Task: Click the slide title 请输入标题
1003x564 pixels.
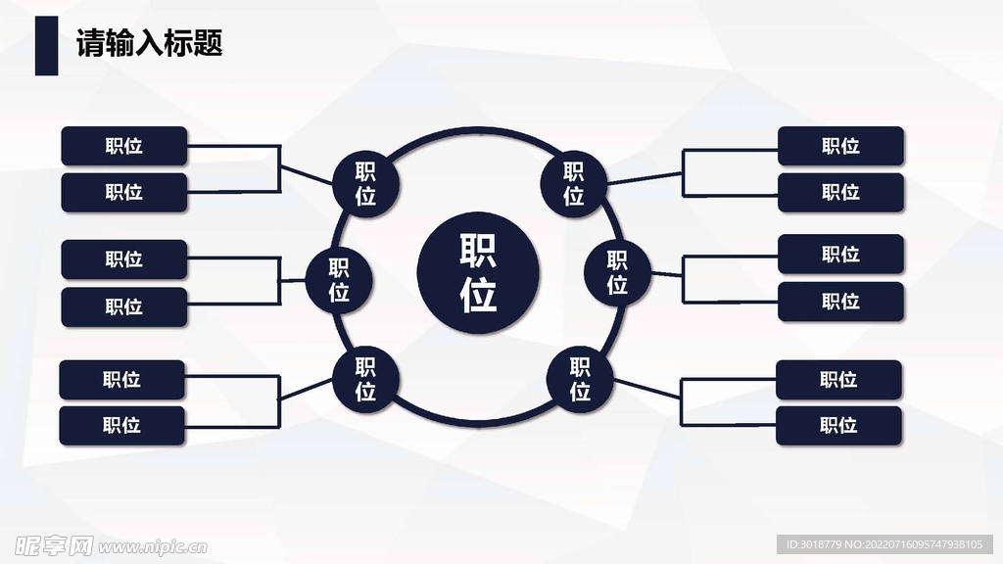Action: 150,44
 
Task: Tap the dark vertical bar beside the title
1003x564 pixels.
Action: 46,45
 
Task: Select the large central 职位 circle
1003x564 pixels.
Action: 478,272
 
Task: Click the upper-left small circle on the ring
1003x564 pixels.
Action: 365,183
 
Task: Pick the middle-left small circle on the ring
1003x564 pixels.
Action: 339,280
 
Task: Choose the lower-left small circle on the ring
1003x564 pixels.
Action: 365,379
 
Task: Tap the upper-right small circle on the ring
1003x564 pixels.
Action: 574,183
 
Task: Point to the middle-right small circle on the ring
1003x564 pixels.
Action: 617,272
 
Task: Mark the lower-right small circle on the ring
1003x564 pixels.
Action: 580,379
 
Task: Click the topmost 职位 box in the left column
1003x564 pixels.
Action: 123,146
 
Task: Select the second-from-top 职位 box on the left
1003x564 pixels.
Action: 123,192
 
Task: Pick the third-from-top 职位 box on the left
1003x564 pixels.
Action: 123,259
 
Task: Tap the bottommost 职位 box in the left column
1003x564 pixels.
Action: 121,425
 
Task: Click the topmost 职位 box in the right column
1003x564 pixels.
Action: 840,146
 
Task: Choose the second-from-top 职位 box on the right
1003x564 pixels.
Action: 840,192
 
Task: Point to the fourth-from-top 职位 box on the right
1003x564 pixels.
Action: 840,301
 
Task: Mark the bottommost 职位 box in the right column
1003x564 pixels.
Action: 838,425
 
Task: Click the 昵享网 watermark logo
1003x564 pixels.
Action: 49,543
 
